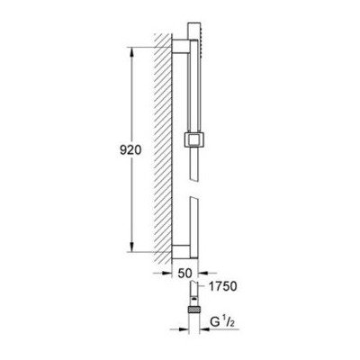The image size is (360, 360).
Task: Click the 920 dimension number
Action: [x=130, y=150]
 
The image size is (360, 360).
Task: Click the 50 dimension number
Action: [x=184, y=273]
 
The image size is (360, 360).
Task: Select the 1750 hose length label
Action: [x=222, y=286]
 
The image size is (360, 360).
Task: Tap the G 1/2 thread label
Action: [x=221, y=322]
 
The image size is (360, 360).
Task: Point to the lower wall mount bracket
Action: [x=181, y=251]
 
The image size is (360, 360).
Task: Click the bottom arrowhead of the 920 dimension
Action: [x=132, y=246]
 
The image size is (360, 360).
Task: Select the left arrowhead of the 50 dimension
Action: [x=166, y=273]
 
